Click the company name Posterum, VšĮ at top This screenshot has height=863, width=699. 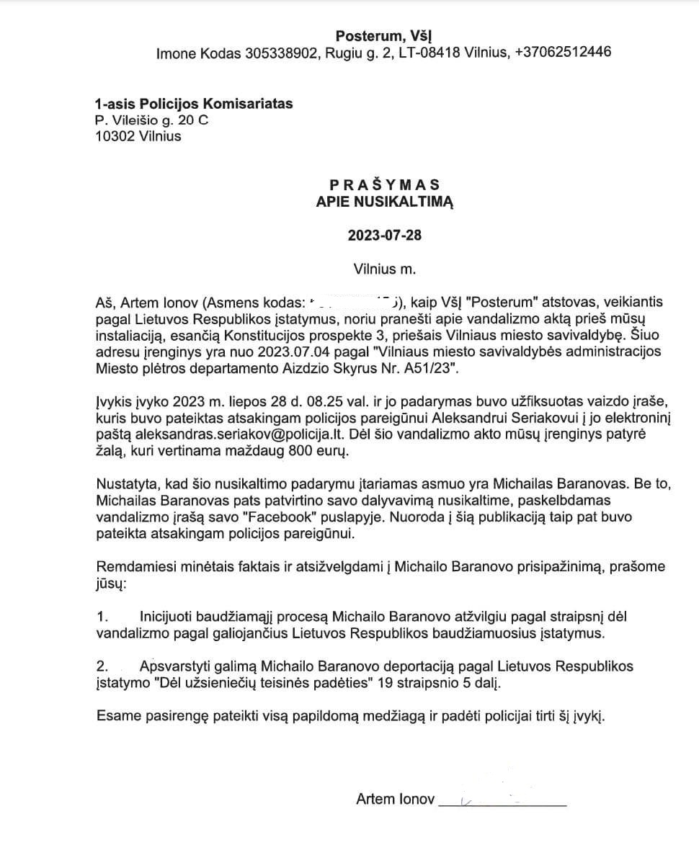pyautogui.click(x=384, y=35)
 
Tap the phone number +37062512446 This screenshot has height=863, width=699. pyautogui.click(x=563, y=53)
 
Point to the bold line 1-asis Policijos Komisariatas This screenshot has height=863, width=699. pyautogui.click(x=194, y=104)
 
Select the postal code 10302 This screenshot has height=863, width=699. pyautogui.click(x=116, y=135)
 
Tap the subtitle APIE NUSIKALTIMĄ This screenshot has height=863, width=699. pyautogui.click(x=384, y=202)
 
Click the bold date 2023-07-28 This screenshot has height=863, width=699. pyautogui.click(x=384, y=236)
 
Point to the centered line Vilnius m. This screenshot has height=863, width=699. pyautogui.click(x=385, y=269)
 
